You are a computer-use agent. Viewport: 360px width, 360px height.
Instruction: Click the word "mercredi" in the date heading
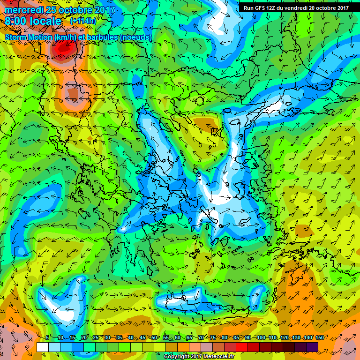coord(23,10)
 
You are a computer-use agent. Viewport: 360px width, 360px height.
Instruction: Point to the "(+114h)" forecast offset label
coord(84,21)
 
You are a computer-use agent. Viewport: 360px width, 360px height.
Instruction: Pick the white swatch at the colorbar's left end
coord(42,347)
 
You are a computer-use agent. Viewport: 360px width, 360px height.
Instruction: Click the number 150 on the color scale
coord(307,337)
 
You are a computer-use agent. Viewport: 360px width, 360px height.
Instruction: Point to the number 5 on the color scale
coord(47,337)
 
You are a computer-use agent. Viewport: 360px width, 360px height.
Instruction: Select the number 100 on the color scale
coord(262,337)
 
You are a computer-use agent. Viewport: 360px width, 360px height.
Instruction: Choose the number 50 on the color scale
coord(154,337)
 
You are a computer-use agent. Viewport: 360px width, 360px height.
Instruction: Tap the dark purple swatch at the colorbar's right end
coord(312,347)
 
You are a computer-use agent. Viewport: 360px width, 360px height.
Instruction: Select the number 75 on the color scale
coord(213,337)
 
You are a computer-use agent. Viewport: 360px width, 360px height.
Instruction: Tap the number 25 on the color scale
coord(95,337)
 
